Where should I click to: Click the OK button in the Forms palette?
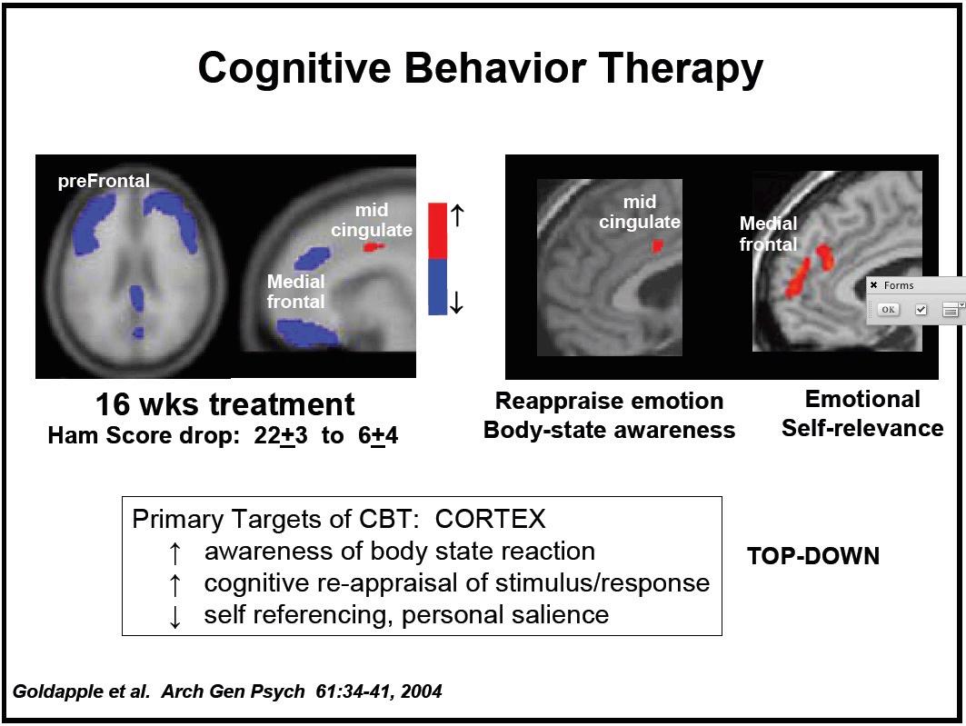pos(888,310)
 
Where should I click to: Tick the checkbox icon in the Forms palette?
pos(921,310)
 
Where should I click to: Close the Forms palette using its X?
pos(874,285)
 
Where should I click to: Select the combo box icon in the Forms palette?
pos(951,310)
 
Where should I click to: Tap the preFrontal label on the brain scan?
pos(104,181)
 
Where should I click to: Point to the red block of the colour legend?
pos(437,231)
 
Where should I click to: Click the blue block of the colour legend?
pos(437,287)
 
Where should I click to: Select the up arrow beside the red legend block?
pos(458,215)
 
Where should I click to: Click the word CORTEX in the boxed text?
pos(491,520)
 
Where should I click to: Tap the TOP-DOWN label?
pos(813,556)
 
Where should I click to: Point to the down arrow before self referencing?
pos(175,616)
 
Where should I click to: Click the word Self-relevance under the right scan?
pos(862,427)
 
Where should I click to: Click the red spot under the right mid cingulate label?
pos(657,245)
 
